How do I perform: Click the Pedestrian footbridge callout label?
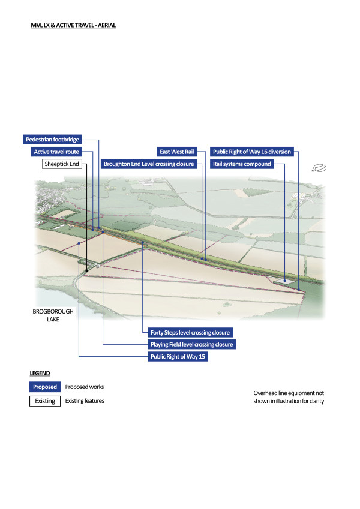[52, 140]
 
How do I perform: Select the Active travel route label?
[56, 152]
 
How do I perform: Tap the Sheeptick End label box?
[62, 164]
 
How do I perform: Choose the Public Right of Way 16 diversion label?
[252, 152]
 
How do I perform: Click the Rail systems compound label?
[242, 164]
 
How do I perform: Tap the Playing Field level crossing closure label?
[191, 345]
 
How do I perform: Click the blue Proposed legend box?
[45, 387]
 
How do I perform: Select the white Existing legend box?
[45, 400]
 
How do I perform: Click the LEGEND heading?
[41, 374]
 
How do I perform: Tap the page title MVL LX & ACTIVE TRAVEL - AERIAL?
[73, 26]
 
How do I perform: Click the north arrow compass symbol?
[320, 167]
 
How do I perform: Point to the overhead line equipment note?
[289, 397]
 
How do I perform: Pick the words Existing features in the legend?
[85, 400]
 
